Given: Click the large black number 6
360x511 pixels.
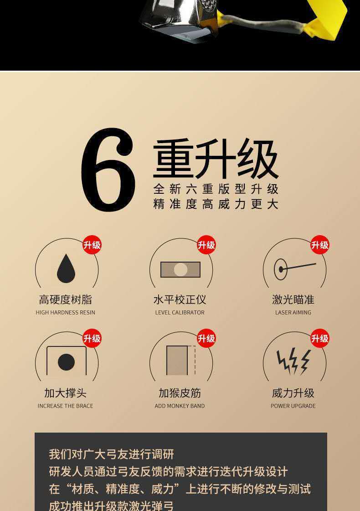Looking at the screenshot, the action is pyautogui.click(x=108, y=170).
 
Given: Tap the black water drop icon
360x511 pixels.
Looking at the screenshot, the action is pyautogui.click(x=66, y=269).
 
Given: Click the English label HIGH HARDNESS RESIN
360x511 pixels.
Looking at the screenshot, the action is pyautogui.click(x=66, y=312).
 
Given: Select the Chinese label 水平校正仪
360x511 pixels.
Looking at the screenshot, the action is pyautogui.click(x=180, y=299).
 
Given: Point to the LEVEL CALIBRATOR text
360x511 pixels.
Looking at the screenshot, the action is pyautogui.click(x=180, y=312).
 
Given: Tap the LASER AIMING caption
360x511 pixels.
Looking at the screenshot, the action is pyautogui.click(x=293, y=312).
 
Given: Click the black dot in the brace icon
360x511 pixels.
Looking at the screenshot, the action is pyautogui.click(x=66, y=362).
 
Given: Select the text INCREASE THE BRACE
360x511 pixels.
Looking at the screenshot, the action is pyautogui.click(x=66, y=406).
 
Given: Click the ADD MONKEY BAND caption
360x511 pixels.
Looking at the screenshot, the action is pyautogui.click(x=180, y=406).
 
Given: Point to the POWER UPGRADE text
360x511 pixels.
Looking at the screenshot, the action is pyautogui.click(x=293, y=406).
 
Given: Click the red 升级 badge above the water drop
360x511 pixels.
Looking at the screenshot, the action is pyautogui.click(x=92, y=245).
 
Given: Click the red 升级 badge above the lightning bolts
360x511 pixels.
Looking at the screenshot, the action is pyautogui.click(x=320, y=338).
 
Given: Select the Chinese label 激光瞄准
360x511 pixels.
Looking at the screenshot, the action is pyautogui.click(x=293, y=299).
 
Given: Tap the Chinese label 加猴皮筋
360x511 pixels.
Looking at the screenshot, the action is pyautogui.click(x=180, y=393).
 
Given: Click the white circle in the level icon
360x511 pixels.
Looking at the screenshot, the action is pyautogui.click(x=180, y=269).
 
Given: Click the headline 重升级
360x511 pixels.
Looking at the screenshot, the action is pyautogui.click(x=216, y=159).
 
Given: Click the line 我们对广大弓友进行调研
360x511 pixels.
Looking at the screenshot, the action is pyautogui.click(x=112, y=454).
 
